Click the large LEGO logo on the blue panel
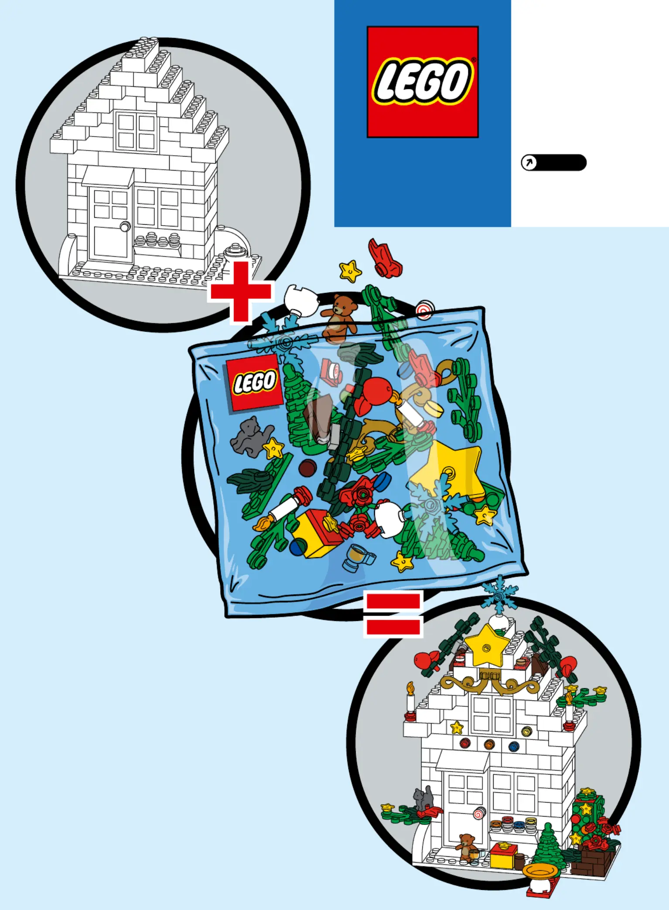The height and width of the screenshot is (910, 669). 423,82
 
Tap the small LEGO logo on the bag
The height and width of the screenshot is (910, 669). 253,382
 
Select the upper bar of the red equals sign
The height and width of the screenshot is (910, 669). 393,601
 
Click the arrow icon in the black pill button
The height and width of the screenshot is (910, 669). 529,163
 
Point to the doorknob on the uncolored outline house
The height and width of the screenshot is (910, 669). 125,226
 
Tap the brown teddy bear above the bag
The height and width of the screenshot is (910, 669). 339,318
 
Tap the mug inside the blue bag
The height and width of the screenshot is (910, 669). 358,557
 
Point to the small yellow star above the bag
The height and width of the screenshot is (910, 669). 350,271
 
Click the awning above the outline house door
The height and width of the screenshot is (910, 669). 108,176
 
